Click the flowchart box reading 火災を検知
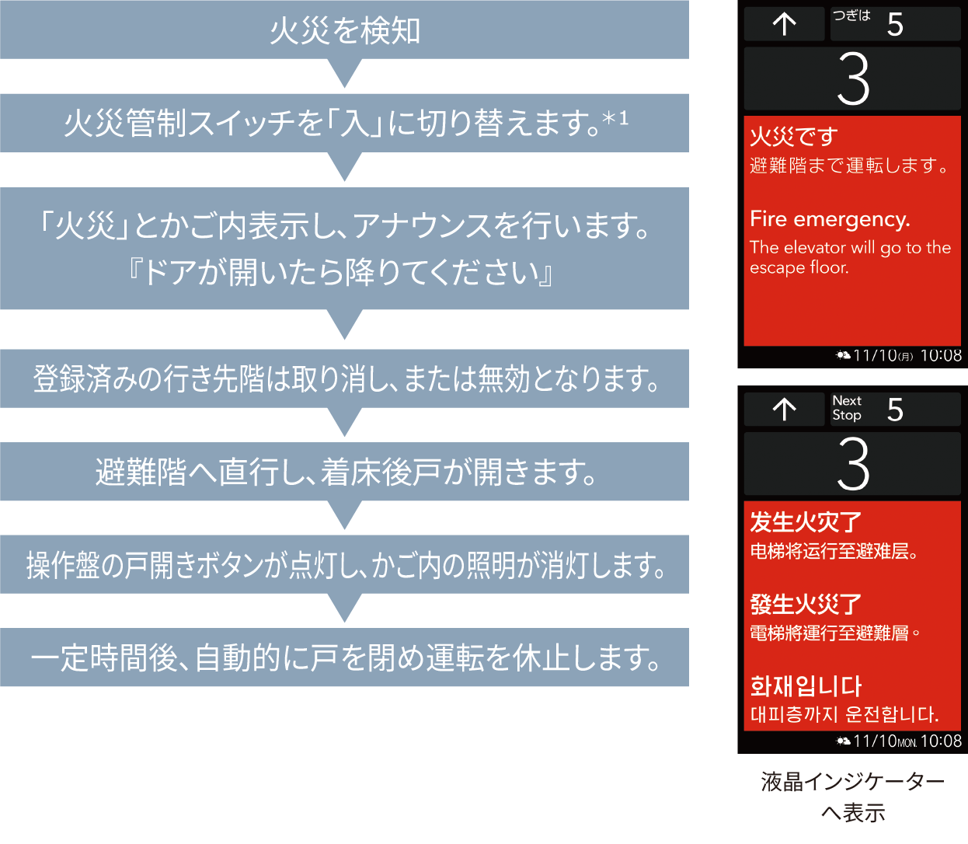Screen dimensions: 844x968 (x=344, y=30)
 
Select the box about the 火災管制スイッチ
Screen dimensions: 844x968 (x=344, y=123)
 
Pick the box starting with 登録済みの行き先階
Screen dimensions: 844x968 (x=344, y=378)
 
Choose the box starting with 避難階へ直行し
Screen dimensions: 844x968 (x=344, y=472)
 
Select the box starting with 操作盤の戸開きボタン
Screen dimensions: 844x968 (x=344, y=565)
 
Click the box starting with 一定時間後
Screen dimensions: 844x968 (x=344, y=657)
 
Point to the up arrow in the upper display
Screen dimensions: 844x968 (x=785, y=24)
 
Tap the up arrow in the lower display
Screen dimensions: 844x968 (x=785, y=409)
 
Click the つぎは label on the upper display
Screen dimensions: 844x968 (x=851, y=16)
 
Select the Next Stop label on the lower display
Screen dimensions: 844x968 (x=847, y=408)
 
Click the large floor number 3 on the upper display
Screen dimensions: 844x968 (x=853, y=79)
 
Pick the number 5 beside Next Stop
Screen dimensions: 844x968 (x=895, y=410)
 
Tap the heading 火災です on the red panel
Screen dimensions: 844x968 (x=793, y=137)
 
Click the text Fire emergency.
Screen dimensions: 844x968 (x=830, y=219)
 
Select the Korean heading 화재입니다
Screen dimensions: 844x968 (x=806, y=686)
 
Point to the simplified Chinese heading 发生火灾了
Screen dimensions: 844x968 (x=806, y=522)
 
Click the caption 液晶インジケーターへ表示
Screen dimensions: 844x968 (x=852, y=797)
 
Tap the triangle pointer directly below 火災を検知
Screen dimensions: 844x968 (x=345, y=74)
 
